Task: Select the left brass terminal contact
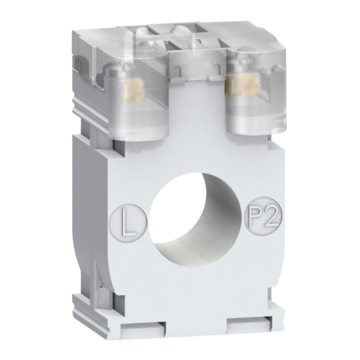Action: (132, 92)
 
